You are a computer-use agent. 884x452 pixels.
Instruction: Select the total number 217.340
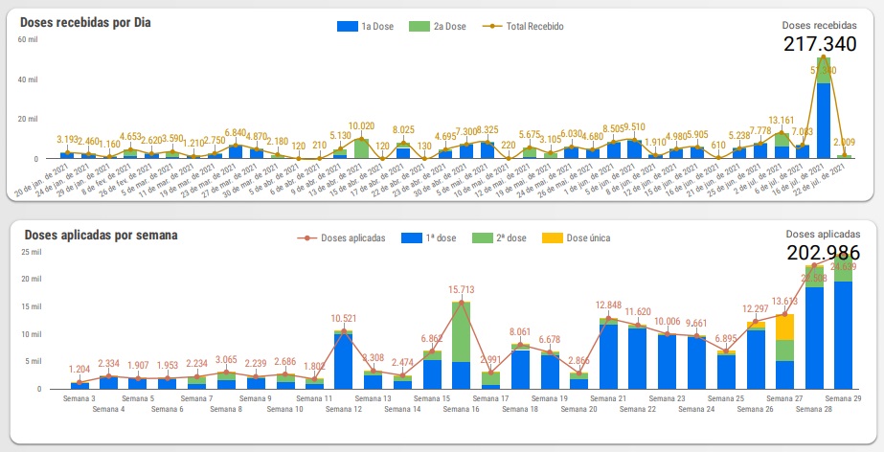coord(820,44)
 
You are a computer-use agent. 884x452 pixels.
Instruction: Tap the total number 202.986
coord(823,253)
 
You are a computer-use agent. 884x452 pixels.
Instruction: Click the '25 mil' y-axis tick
coord(31,252)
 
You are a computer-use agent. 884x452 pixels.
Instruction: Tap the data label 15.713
coord(462,290)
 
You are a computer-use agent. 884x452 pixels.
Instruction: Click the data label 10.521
coord(343,318)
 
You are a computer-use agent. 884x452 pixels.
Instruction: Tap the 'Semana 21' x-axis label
coord(609,398)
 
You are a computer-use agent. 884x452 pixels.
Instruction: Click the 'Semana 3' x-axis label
coord(79,398)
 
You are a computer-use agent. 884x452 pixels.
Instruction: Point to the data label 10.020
coord(361,125)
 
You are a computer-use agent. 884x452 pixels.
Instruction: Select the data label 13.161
coord(782,121)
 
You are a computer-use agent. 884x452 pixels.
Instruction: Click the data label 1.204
coord(79,369)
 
